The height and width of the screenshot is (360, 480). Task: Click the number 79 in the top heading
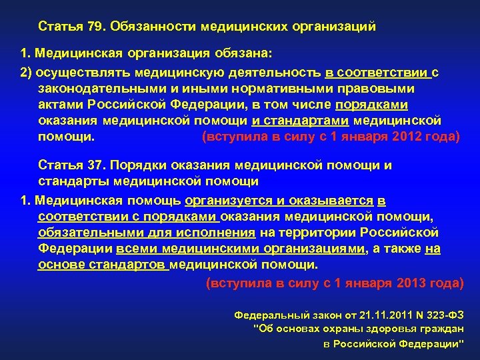click(95, 27)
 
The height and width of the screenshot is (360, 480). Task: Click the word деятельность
click(275, 71)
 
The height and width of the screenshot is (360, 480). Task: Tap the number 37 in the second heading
click(95, 165)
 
